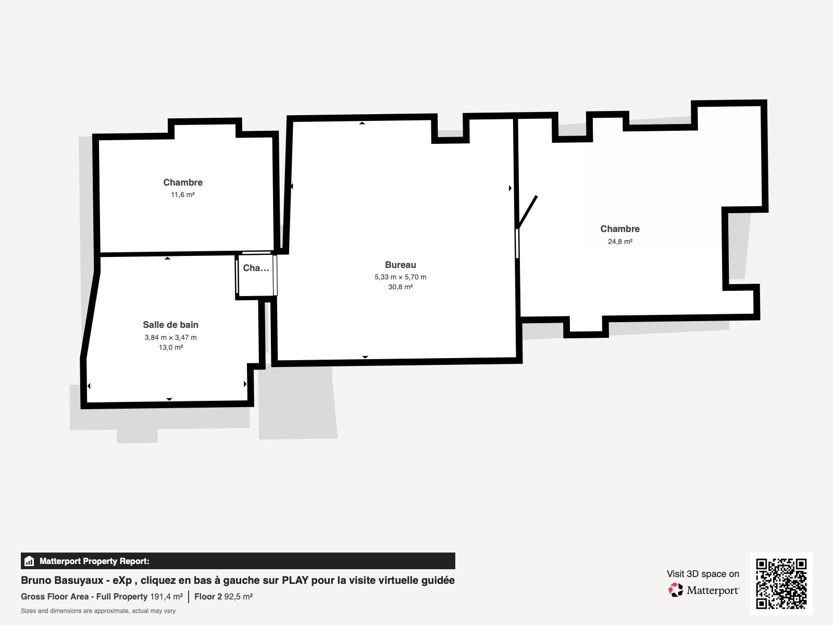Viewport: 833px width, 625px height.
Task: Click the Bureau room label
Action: (401, 265)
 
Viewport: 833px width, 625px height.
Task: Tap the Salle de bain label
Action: (170, 325)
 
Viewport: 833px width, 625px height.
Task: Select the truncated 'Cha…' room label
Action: (256, 268)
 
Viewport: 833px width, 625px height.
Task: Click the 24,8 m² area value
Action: (620, 241)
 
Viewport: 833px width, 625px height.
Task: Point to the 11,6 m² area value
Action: (182, 195)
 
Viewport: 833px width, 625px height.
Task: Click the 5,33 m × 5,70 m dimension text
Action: (401, 277)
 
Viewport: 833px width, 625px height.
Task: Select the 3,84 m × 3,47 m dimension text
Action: (170, 337)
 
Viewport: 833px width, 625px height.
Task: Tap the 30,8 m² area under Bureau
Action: (401, 287)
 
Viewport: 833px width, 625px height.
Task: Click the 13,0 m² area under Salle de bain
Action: (171, 348)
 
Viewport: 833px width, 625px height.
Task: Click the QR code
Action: (781, 584)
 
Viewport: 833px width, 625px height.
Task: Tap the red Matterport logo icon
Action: (676, 590)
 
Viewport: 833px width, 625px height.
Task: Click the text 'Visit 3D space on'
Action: (703, 574)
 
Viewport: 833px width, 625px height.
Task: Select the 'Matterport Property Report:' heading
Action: (94, 561)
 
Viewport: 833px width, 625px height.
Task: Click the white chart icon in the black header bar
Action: (29, 561)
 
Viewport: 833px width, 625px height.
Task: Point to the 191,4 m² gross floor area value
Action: (166, 596)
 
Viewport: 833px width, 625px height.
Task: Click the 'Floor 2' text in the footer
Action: (208, 596)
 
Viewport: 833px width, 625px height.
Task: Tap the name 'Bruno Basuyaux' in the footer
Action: (63, 580)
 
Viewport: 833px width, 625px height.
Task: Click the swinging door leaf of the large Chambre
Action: (527, 212)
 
